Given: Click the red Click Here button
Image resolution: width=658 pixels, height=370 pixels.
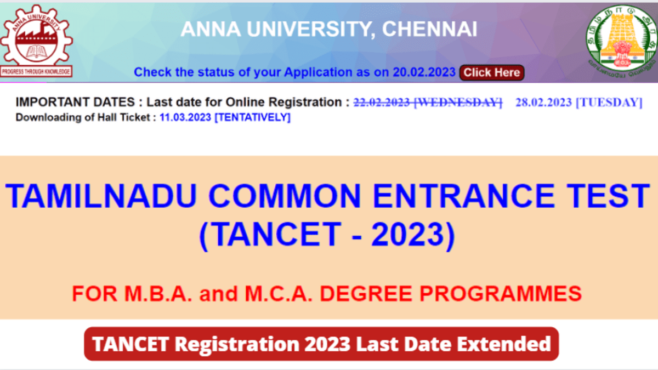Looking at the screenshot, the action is (492, 72).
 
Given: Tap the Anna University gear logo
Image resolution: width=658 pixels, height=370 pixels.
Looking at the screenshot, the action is (36, 35).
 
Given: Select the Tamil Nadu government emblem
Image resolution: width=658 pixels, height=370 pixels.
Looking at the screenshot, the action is (622, 41).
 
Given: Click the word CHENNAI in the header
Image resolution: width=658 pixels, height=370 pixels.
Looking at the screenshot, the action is (429, 30).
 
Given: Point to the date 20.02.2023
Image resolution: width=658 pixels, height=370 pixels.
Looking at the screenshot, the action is (424, 72).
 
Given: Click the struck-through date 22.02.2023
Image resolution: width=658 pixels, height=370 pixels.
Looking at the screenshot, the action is (382, 102).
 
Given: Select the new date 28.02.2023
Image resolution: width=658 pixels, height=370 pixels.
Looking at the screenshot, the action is (544, 102).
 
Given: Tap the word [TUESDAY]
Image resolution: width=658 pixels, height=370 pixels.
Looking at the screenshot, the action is (609, 102).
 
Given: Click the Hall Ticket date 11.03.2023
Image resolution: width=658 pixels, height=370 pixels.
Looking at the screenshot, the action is (185, 117).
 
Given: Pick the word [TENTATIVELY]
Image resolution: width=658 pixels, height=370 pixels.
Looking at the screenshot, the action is (253, 117).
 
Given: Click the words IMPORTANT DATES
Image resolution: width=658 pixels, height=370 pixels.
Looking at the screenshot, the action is (75, 102).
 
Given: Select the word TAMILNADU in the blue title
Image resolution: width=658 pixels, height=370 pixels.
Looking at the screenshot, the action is (101, 196).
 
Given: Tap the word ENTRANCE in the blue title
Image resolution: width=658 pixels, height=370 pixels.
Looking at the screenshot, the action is (463, 196).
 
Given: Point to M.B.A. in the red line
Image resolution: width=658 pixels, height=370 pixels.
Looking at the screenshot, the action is (158, 293).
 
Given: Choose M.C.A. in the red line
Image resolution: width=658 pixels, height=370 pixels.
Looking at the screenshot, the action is (279, 293).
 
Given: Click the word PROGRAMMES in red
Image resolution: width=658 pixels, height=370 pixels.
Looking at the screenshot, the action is (501, 293).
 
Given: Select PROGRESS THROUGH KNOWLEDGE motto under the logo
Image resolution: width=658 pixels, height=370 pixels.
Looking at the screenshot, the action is (36, 72).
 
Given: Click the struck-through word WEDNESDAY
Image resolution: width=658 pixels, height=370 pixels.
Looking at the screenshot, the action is (458, 102).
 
